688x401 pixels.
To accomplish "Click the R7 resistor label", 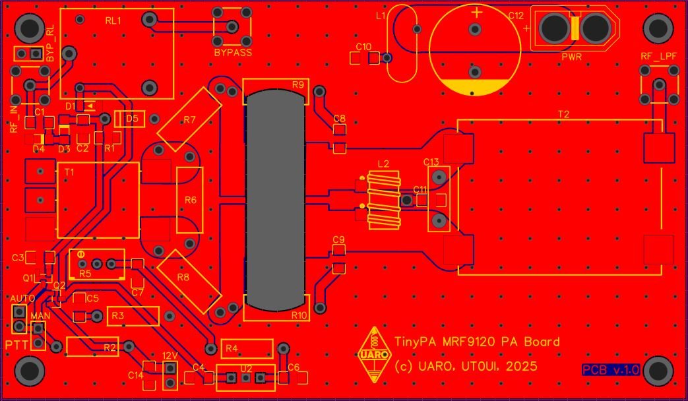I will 190,120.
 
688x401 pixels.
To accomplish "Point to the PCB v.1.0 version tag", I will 611,370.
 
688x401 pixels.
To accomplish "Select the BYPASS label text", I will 232,52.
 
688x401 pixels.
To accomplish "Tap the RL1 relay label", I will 113,21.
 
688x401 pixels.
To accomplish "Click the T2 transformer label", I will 563,114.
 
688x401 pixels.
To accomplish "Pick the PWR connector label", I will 571,57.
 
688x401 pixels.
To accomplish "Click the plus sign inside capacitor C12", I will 476,13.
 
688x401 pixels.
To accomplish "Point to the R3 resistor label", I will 118,317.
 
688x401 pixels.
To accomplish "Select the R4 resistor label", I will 231,348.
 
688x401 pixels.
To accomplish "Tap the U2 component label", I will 246,368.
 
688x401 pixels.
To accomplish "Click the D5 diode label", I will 132,119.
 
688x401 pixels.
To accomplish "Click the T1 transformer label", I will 69,171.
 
